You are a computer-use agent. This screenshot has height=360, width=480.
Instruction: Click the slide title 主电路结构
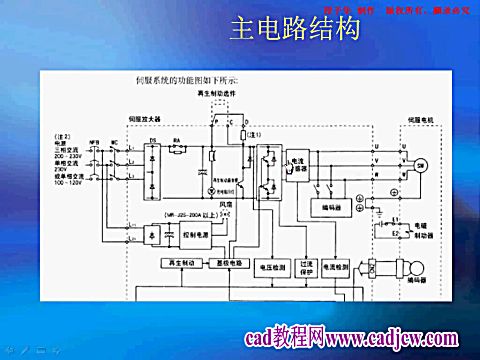(x=294, y=32)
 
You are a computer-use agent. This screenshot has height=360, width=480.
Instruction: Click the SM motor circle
(x=421, y=163)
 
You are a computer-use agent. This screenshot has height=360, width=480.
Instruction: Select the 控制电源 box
(x=198, y=234)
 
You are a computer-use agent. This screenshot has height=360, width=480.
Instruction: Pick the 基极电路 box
(x=228, y=264)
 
